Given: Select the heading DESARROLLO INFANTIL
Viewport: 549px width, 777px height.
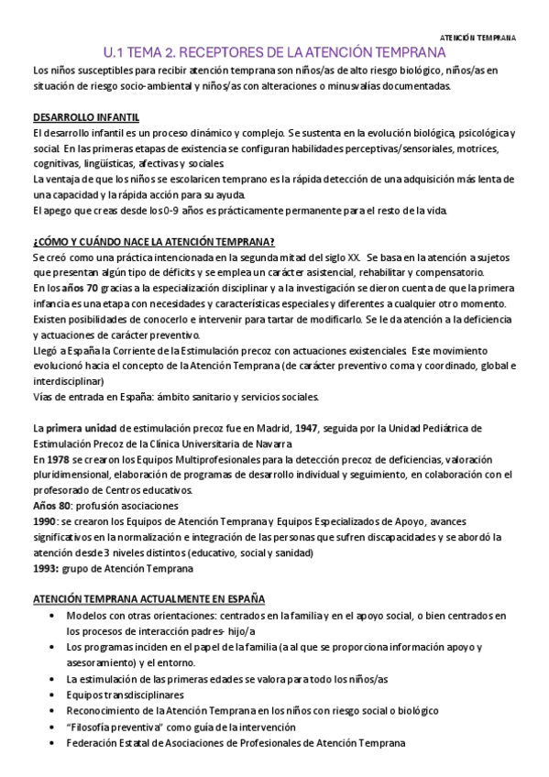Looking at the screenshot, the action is tap(85, 118).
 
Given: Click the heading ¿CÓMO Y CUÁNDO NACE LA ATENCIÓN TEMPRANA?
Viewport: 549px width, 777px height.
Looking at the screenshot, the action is tap(153, 242).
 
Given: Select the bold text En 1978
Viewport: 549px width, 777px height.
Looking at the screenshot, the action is tap(53, 458).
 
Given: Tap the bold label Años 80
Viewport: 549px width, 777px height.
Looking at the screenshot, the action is tap(51, 506).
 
